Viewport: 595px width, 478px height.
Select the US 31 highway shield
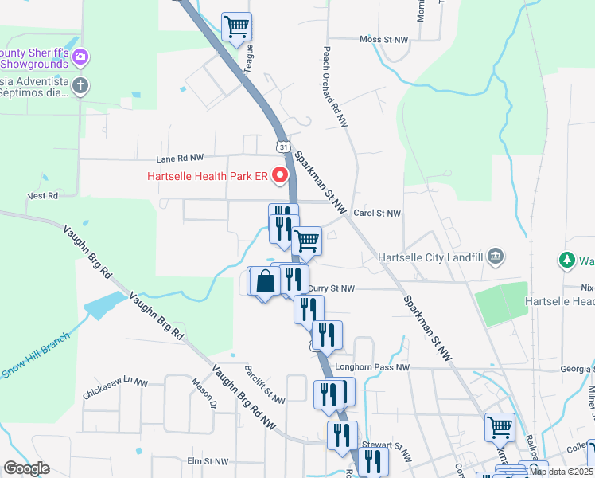pyautogui.click(x=282, y=146)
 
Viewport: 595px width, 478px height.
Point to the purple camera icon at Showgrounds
pyautogui.click(x=80, y=57)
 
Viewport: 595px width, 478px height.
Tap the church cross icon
pyautogui.click(x=80, y=85)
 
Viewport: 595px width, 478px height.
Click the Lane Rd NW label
pyautogui.click(x=181, y=158)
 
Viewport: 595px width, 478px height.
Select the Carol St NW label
pyautogui.click(x=376, y=214)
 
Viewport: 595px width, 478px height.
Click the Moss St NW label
pyautogui.click(x=383, y=39)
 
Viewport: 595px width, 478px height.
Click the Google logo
pyautogui.click(x=26, y=468)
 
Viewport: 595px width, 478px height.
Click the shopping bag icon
pyautogui.click(x=265, y=281)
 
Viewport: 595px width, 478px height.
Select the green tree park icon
pyautogui.click(x=566, y=260)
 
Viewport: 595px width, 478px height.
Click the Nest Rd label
pyautogui.click(x=43, y=195)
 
